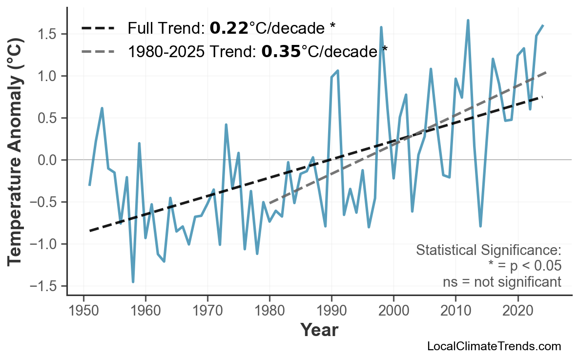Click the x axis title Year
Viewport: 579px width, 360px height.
point(319,331)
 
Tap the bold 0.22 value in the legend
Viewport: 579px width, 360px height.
point(229,28)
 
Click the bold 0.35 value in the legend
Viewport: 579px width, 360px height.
point(281,51)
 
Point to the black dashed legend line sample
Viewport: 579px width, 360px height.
point(98,28)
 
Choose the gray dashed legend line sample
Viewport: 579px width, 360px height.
point(98,51)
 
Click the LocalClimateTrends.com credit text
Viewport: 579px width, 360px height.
point(494,347)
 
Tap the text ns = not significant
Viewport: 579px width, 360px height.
point(501,282)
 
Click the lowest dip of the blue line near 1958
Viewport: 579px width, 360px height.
point(133,282)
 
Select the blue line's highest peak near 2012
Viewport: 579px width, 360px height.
point(468,21)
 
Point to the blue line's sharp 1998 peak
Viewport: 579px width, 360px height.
point(381,27)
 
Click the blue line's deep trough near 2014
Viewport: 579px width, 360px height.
point(480,226)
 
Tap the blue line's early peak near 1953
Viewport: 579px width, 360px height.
point(102,108)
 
